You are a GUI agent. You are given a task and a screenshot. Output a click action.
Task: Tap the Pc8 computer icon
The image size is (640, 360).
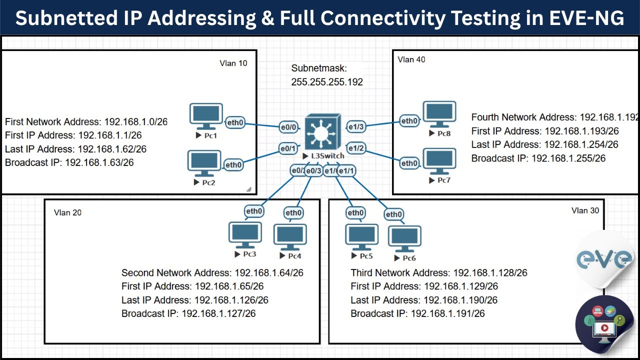pyautogui.click(x=439, y=114)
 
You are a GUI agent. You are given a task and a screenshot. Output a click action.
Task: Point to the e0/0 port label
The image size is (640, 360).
pyautogui.click(x=288, y=128)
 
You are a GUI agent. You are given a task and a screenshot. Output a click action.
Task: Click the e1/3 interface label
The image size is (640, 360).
pyautogui.click(x=356, y=127)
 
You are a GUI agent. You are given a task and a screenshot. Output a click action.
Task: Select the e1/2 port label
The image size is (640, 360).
pyautogui.click(x=356, y=148)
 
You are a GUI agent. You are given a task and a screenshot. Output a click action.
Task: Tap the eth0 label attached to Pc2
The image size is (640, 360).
pyautogui.click(x=233, y=164)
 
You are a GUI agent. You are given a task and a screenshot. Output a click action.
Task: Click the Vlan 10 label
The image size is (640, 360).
pyautogui.click(x=233, y=63)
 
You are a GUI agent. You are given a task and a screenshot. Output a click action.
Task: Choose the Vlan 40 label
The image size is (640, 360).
pyautogui.click(x=411, y=59)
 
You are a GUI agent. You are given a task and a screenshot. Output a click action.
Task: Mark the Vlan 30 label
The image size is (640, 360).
pyautogui.click(x=585, y=210)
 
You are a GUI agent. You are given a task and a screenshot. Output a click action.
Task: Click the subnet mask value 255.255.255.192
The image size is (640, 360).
pyautogui.click(x=327, y=82)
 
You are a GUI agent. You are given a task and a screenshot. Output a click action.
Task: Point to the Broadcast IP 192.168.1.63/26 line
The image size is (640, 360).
pyautogui.click(x=69, y=162)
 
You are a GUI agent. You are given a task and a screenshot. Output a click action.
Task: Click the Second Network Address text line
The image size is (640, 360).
pyautogui.click(x=212, y=273)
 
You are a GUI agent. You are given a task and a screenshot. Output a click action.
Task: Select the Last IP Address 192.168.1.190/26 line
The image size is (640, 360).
pyautogui.click(x=424, y=300)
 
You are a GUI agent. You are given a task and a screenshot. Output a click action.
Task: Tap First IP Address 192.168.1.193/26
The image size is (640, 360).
pyautogui.click(x=545, y=131)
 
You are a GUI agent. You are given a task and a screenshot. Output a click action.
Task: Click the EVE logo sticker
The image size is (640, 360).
pyautogui.click(x=604, y=259)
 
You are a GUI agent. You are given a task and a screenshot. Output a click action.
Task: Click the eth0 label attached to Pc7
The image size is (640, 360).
pyautogui.click(x=409, y=163)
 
